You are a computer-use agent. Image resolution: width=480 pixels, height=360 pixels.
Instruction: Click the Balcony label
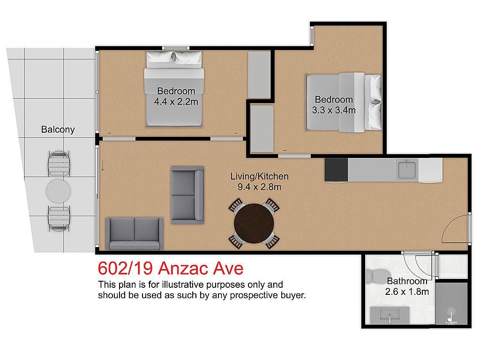(58, 129)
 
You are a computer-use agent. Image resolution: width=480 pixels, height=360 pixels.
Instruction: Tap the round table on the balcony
(58, 191)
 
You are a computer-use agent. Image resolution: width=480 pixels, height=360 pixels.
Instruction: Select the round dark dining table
(254, 224)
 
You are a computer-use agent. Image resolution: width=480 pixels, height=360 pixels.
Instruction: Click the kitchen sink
(406, 170)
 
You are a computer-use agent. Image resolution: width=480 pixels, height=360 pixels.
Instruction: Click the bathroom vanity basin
(390, 315)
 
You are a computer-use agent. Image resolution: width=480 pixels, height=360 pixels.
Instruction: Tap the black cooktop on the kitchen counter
(337, 170)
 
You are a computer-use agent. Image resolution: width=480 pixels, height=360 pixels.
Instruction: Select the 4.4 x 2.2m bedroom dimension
(176, 102)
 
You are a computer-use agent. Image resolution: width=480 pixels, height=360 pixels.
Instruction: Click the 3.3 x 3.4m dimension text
(334, 110)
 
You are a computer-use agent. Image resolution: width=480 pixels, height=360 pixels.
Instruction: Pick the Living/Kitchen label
(259, 176)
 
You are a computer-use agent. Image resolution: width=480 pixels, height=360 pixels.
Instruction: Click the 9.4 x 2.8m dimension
(259, 187)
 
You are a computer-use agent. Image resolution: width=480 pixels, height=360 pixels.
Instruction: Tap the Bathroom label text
(407, 281)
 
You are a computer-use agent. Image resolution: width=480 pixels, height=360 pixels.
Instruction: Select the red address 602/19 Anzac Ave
(171, 268)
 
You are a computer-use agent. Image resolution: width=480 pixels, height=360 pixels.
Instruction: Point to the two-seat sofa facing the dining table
(187, 195)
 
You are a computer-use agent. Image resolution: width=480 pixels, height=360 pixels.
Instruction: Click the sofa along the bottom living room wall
(134, 234)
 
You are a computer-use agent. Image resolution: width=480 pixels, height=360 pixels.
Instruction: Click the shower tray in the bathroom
(451, 303)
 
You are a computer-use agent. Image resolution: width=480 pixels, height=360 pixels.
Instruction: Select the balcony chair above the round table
(59, 164)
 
